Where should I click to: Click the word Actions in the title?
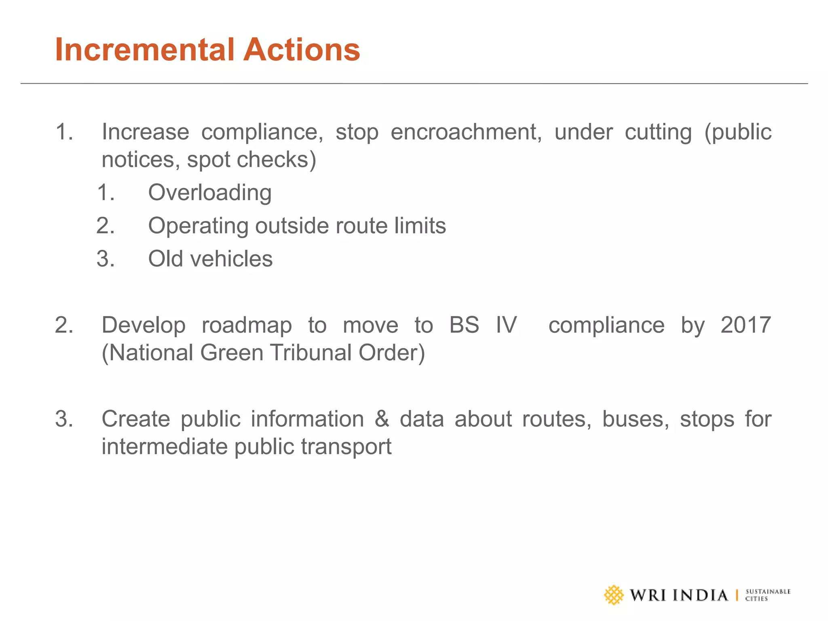[x=301, y=50]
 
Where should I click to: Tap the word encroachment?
[x=466, y=132]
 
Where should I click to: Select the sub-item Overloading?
[x=210, y=192]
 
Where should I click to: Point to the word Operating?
[x=198, y=226]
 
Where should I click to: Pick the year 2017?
[x=746, y=325]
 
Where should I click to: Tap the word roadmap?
[x=247, y=325]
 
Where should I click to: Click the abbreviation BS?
[x=464, y=325]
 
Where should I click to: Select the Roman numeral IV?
[x=506, y=325]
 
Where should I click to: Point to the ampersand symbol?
[x=382, y=419]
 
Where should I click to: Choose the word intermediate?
[x=165, y=447]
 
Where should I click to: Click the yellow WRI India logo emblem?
[x=614, y=595]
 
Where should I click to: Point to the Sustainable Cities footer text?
[x=767, y=595]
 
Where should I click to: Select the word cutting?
[x=658, y=132]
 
